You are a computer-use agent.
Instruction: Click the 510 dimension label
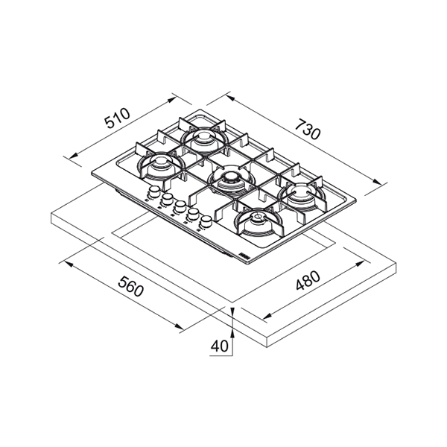coord(117,118)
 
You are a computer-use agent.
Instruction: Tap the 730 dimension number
coord(308,130)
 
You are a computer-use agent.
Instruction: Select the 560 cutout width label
coord(130,286)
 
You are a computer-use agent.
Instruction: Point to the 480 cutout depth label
coord(308,280)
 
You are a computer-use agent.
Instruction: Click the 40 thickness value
coord(220,346)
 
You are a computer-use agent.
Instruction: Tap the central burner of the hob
coord(231,181)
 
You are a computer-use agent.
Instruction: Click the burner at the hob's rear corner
coord(204,139)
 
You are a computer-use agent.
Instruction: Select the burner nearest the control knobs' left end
coord(160,166)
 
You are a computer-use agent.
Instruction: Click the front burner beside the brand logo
coord(259,222)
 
